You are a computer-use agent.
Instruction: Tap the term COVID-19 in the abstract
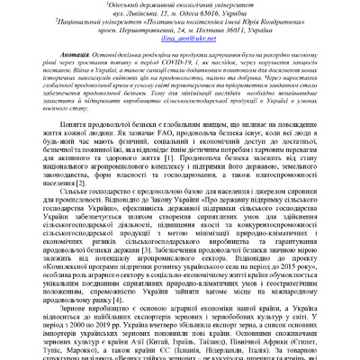tap(209, 64)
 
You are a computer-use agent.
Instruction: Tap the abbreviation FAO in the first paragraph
tap(144, 151)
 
